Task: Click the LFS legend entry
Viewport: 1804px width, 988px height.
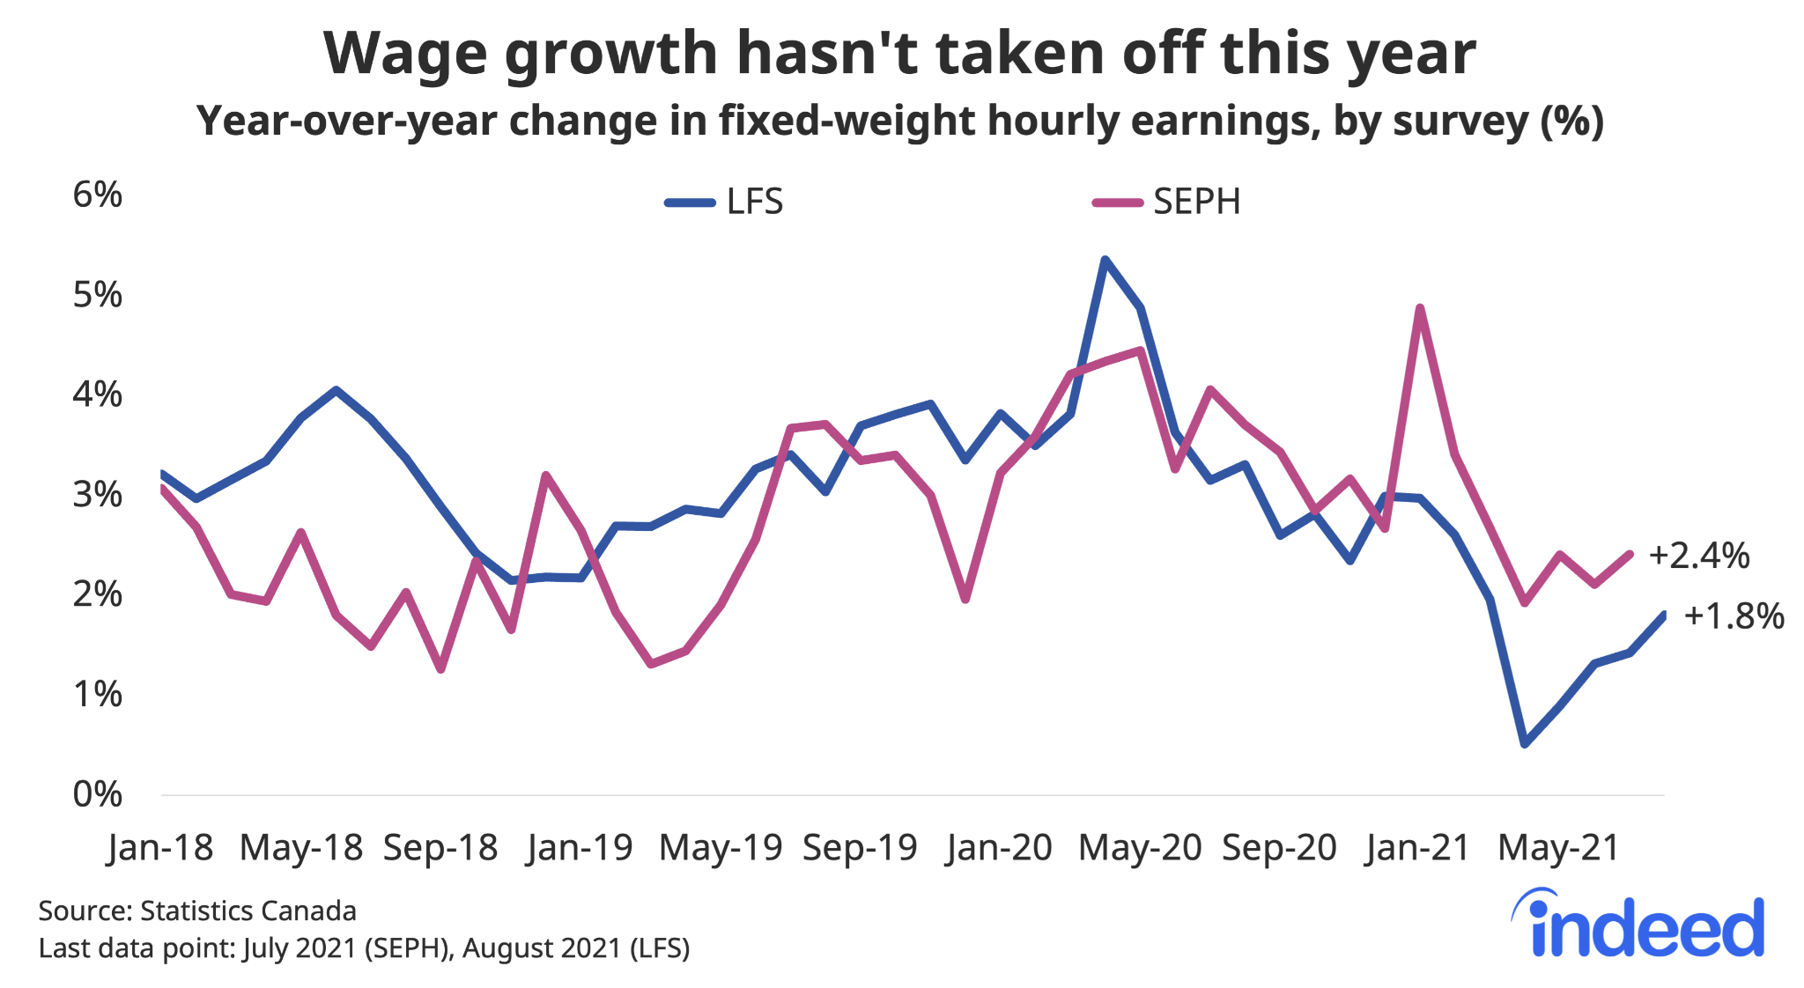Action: pyautogui.click(x=725, y=203)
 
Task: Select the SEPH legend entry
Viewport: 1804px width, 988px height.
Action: pyautogui.click(x=1167, y=203)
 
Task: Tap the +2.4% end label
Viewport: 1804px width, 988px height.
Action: pyautogui.click(x=1698, y=556)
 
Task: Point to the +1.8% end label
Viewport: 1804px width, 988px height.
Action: pyautogui.click(x=1734, y=616)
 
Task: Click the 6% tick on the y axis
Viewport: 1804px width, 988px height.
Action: pyautogui.click(x=97, y=195)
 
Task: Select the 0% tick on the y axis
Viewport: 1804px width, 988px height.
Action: pyautogui.click(x=97, y=794)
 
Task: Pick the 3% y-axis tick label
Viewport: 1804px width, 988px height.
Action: pyautogui.click(x=97, y=495)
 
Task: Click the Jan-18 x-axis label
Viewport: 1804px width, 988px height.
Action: pyautogui.click(x=159, y=848)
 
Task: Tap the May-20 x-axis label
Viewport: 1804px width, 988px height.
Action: pyautogui.click(x=1140, y=848)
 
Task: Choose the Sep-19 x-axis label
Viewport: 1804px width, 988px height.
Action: pyautogui.click(x=860, y=848)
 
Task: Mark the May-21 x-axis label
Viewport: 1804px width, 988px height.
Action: pyautogui.click(x=1559, y=848)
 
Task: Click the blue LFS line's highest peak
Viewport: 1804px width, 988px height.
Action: pyautogui.click(x=1105, y=260)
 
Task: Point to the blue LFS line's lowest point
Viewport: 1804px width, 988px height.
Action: pyautogui.click(x=1525, y=745)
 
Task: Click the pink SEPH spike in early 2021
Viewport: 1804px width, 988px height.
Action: pyautogui.click(x=1420, y=307)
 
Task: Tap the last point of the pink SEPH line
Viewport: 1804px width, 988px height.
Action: pyautogui.click(x=1630, y=554)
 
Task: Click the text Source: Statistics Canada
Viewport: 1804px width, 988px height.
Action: pyautogui.click(x=197, y=911)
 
